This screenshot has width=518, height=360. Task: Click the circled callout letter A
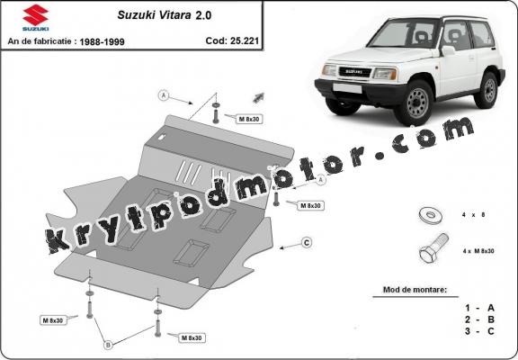coord(164,95)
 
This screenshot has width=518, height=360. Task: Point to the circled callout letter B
coord(108,345)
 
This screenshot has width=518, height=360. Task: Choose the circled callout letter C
coord(306,242)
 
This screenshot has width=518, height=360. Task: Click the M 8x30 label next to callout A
coord(249,118)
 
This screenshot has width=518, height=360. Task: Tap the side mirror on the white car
coord(447,52)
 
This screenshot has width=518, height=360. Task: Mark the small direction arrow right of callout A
coord(259,95)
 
